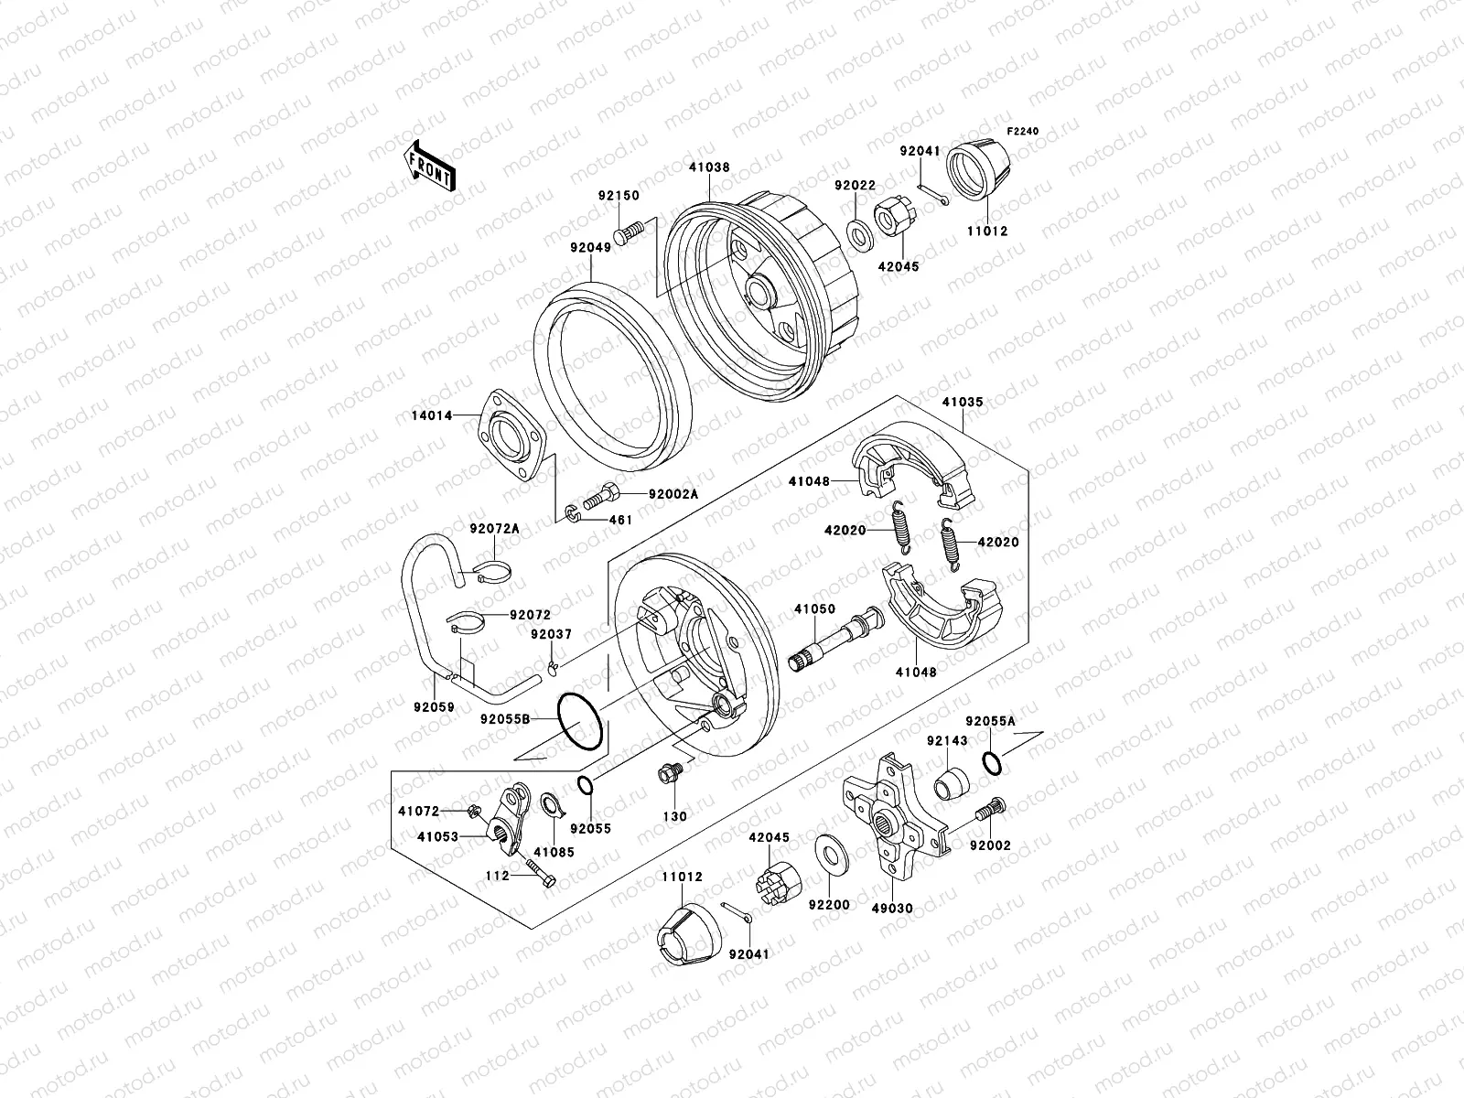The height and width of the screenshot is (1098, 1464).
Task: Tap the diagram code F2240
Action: click(1024, 131)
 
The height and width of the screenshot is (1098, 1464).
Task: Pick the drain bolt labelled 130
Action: click(670, 775)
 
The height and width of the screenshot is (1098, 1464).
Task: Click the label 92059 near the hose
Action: click(433, 733)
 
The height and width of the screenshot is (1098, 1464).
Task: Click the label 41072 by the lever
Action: click(418, 811)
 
